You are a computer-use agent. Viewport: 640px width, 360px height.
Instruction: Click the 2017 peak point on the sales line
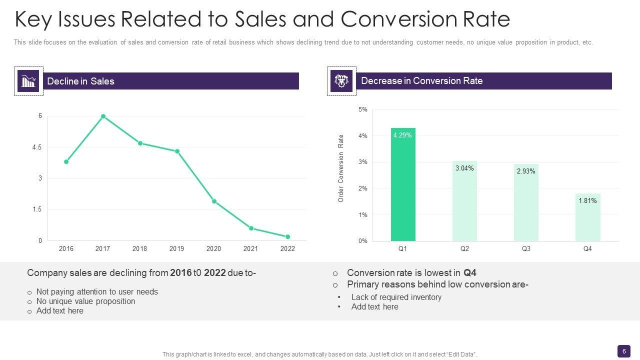coord(103,116)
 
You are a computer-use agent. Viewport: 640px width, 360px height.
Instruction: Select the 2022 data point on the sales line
coord(287,236)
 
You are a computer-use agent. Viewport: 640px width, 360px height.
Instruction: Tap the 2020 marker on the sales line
coord(214,201)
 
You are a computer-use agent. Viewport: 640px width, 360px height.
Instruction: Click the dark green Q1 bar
coord(403,185)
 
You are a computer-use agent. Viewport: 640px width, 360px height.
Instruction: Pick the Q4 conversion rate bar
coord(587,217)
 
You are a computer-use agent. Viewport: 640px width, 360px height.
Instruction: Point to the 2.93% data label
coord(526,171)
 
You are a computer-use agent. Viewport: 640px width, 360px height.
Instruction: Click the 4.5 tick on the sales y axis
coord(37,147)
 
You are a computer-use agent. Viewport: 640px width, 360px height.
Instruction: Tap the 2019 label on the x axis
coord(176,248)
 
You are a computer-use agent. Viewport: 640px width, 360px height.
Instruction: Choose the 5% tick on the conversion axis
coord(363,109)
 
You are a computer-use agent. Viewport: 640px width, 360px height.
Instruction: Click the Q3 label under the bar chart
coord(526,248)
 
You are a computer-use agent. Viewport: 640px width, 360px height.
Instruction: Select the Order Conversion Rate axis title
coord(341,168)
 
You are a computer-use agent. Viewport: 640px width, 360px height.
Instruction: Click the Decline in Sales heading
coord(80,81)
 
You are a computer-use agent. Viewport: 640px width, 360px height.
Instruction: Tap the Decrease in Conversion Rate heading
coord(421,81)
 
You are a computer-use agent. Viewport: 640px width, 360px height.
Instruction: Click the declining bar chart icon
coord(28,81)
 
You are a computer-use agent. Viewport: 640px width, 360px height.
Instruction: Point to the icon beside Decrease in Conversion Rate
coord(341,81)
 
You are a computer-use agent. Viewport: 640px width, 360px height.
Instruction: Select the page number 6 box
coord(623,351)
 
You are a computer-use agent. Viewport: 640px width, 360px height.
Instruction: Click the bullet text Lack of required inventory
coord(396,297)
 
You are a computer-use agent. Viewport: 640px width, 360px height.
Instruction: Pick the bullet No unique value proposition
coord(85,301)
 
